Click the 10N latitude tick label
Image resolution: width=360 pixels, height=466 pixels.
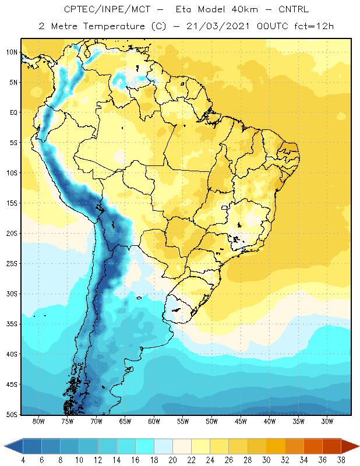tap(12, 52)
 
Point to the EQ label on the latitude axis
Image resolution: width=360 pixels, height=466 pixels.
tap(14, 112)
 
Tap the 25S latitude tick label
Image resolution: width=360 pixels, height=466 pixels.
tap(12, 264)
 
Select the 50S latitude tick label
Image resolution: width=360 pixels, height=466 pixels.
tap(12, 414)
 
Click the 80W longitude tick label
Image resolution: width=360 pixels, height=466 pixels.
tap(38, 421)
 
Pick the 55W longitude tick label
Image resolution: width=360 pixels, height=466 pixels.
tap(183, 421)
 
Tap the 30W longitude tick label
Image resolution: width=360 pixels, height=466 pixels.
tap(327, 421)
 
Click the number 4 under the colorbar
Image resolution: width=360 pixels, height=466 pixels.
tap(23, 460)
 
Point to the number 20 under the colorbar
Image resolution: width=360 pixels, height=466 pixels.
tap(172, 460)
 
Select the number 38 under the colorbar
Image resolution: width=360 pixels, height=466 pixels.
tap(341, 460)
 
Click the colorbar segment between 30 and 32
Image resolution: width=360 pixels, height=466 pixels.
tap(276, 446)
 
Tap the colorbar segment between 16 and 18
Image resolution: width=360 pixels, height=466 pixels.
tap(144, 446)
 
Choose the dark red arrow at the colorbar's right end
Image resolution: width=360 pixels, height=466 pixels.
tap(350, 446)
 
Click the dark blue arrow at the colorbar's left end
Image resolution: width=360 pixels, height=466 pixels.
tap(13, 446)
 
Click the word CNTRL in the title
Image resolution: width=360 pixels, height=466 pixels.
tap(294, 9)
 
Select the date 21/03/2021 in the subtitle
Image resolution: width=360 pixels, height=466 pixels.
tap(218, 26)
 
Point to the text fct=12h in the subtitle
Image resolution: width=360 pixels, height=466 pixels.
tap(314, 26)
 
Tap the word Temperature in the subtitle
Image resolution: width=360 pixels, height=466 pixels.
tap(114, 26)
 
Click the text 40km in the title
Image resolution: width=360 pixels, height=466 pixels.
tap(245, 9)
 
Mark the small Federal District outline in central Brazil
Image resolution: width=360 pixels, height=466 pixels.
tap(225, 207)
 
